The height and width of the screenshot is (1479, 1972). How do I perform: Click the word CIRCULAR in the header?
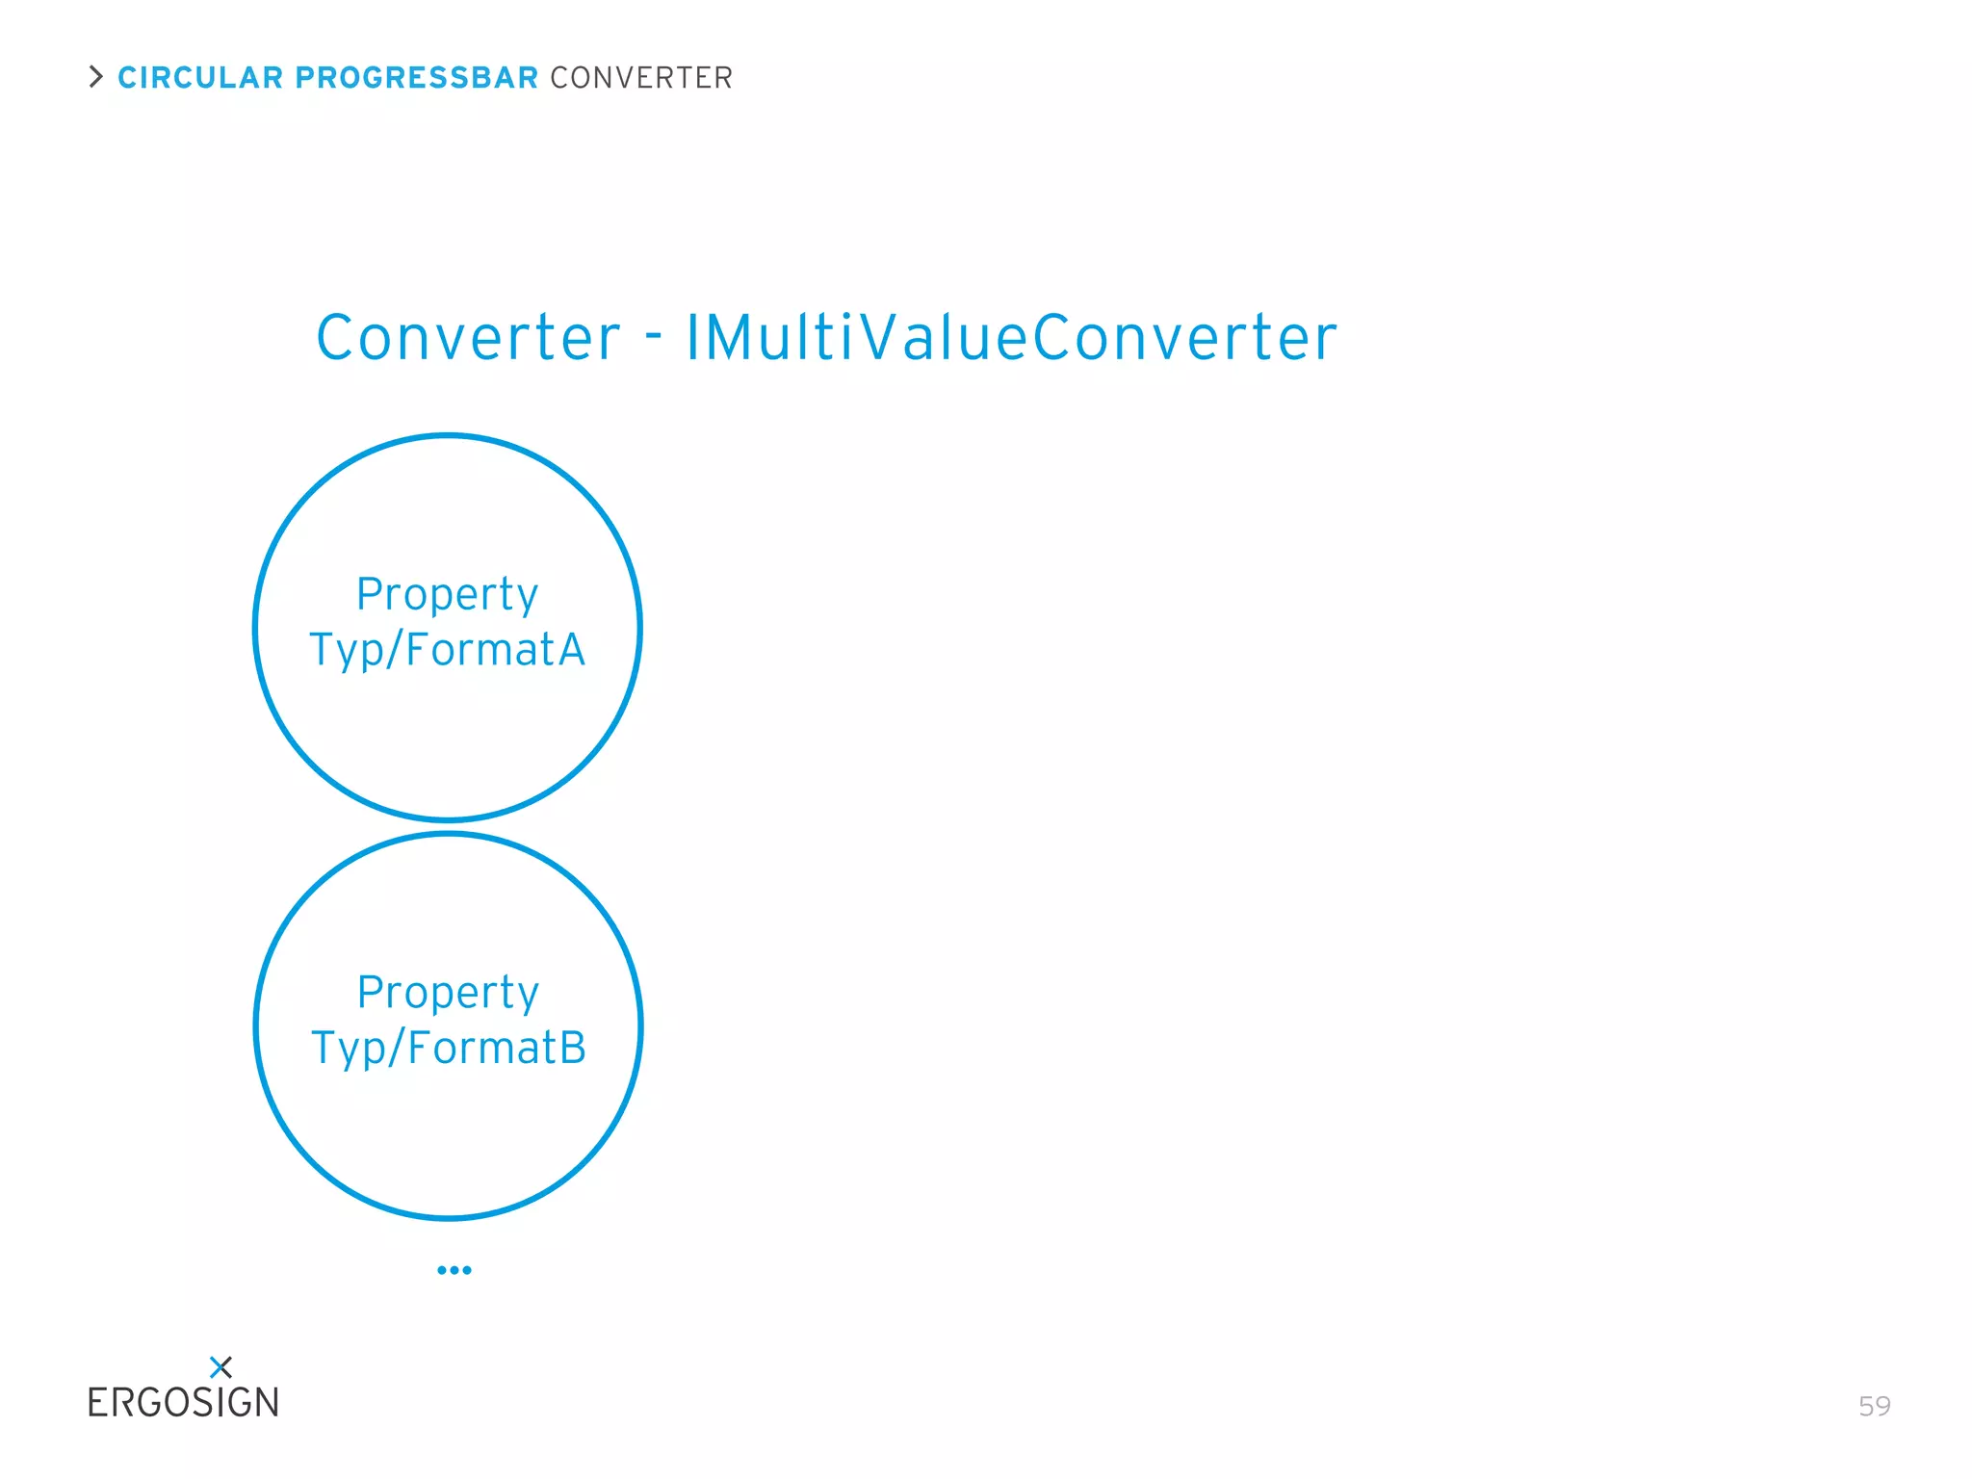coord(200,78)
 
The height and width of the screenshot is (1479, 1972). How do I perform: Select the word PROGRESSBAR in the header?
coord(416,78)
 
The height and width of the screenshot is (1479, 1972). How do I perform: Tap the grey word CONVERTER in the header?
coord(641,78)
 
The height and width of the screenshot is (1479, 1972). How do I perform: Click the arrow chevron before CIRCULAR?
coord(95,77)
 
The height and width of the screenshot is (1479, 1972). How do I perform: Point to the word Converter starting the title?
coord(468,339)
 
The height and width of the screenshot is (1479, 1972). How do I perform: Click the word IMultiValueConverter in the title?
coord(1011,339)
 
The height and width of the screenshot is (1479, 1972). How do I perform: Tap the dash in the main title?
coord(654,337)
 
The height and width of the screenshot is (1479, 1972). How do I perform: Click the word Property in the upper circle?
coord(447,595)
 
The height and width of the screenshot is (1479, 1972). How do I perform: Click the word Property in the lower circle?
coord(448,994)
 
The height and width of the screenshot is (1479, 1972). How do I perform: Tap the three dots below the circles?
coord(454,1270)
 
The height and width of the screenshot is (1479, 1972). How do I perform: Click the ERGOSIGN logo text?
coord(183,1403)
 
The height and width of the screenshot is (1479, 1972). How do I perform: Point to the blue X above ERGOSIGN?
coord(221,1366)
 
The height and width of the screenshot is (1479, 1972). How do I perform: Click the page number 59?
coord(1874,1407)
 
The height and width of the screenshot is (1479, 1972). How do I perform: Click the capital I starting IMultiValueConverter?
coord(692,339)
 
